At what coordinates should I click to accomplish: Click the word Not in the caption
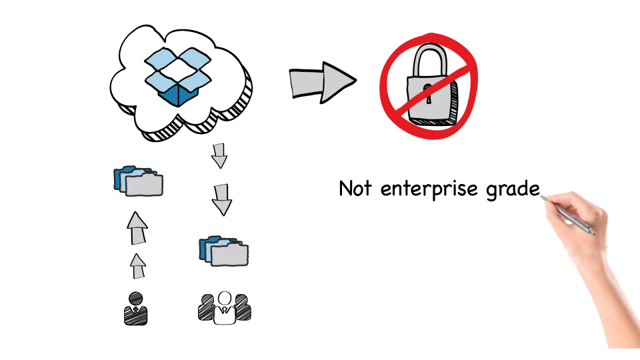coord(356,189)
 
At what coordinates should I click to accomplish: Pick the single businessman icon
coord(135,309)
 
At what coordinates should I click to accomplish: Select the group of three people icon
coord(225,307)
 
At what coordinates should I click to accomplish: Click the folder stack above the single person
coord(138,181)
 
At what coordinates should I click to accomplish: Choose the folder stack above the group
coord(224,251)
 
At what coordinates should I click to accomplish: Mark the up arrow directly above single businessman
coord(137,265)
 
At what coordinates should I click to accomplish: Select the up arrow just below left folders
coord(137,229)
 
